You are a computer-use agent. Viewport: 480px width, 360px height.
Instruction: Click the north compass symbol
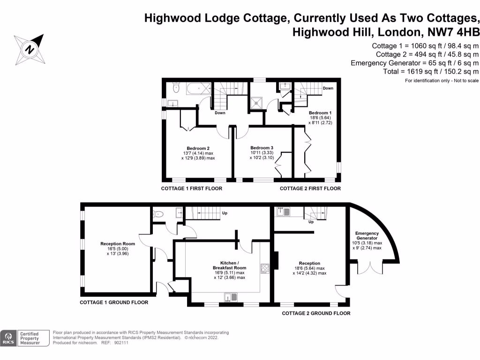click(30, 49)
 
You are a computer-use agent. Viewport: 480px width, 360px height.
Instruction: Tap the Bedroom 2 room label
click(198, 149)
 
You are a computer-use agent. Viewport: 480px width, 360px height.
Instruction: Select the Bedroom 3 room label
click(261, 148)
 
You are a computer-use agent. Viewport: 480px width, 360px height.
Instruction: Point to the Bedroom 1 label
click(320, 113)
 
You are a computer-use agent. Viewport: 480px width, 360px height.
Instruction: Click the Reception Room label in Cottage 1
click(118, 244)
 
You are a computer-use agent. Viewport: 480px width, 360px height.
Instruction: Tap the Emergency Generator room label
click(367, 236)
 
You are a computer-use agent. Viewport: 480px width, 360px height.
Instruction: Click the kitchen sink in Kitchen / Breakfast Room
click(232, 296)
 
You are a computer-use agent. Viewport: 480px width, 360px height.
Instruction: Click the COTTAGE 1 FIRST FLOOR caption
click(191, 188)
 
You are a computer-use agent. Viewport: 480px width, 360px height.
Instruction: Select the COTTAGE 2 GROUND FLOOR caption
click(316, 313)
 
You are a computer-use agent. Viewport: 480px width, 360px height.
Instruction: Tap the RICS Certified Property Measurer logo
click(25, 337)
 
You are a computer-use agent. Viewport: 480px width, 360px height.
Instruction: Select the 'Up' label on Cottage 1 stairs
click(225, 213)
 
